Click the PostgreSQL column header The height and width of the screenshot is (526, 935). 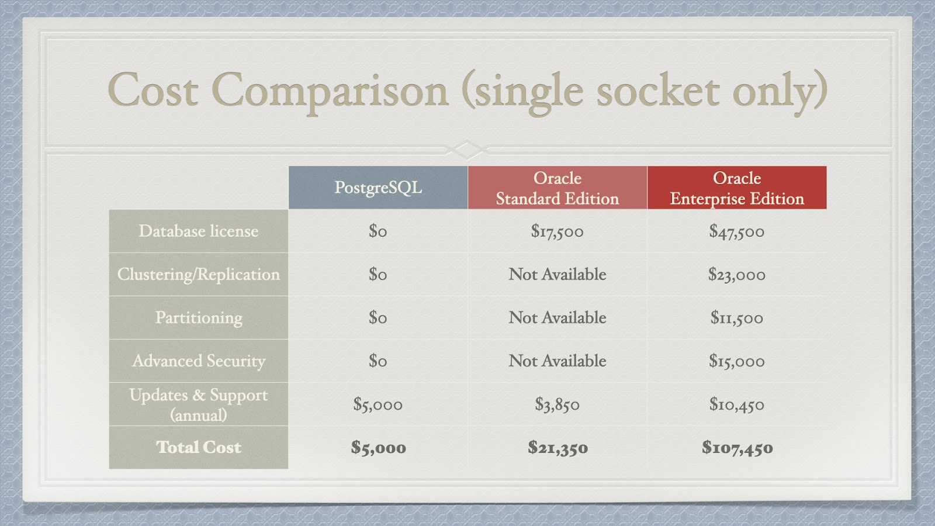378,188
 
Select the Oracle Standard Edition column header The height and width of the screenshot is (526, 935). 557,188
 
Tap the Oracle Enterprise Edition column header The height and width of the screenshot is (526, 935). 737,188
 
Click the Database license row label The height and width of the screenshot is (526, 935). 199,231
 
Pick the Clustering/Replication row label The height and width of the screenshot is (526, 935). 199,274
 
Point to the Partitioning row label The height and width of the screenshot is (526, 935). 199,318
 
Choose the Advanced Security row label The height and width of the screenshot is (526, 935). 199,361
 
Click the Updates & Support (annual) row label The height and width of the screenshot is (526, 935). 199,404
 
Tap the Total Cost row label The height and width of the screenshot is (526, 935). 199,447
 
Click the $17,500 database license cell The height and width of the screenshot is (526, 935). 557,231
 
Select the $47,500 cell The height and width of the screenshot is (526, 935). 737,231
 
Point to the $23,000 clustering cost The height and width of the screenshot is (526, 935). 737,275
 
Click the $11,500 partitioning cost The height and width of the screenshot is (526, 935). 737,318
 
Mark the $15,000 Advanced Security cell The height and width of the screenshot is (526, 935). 737,361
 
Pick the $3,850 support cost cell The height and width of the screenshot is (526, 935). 557,404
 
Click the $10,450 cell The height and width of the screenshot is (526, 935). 737,404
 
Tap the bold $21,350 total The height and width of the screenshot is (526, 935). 557,448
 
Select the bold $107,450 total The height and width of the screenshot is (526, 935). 737,448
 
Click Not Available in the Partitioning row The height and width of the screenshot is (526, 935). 557,318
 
